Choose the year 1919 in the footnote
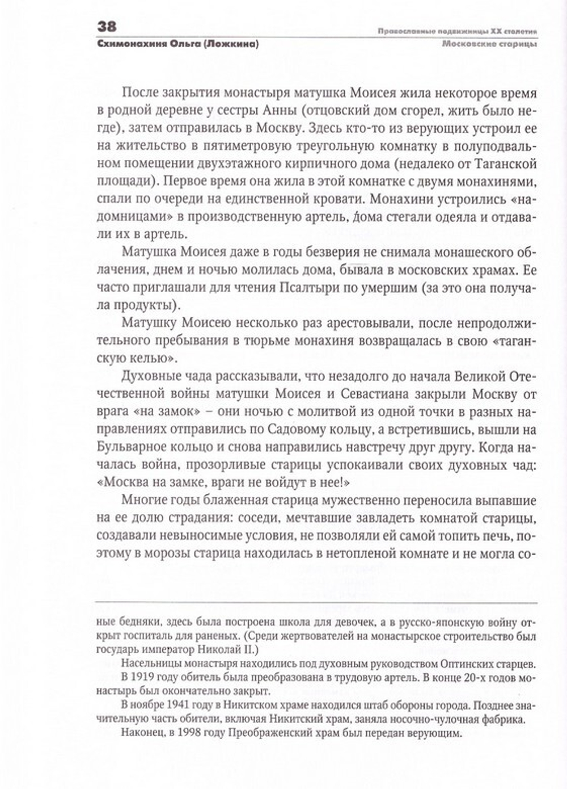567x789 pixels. (x=145, y=678)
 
